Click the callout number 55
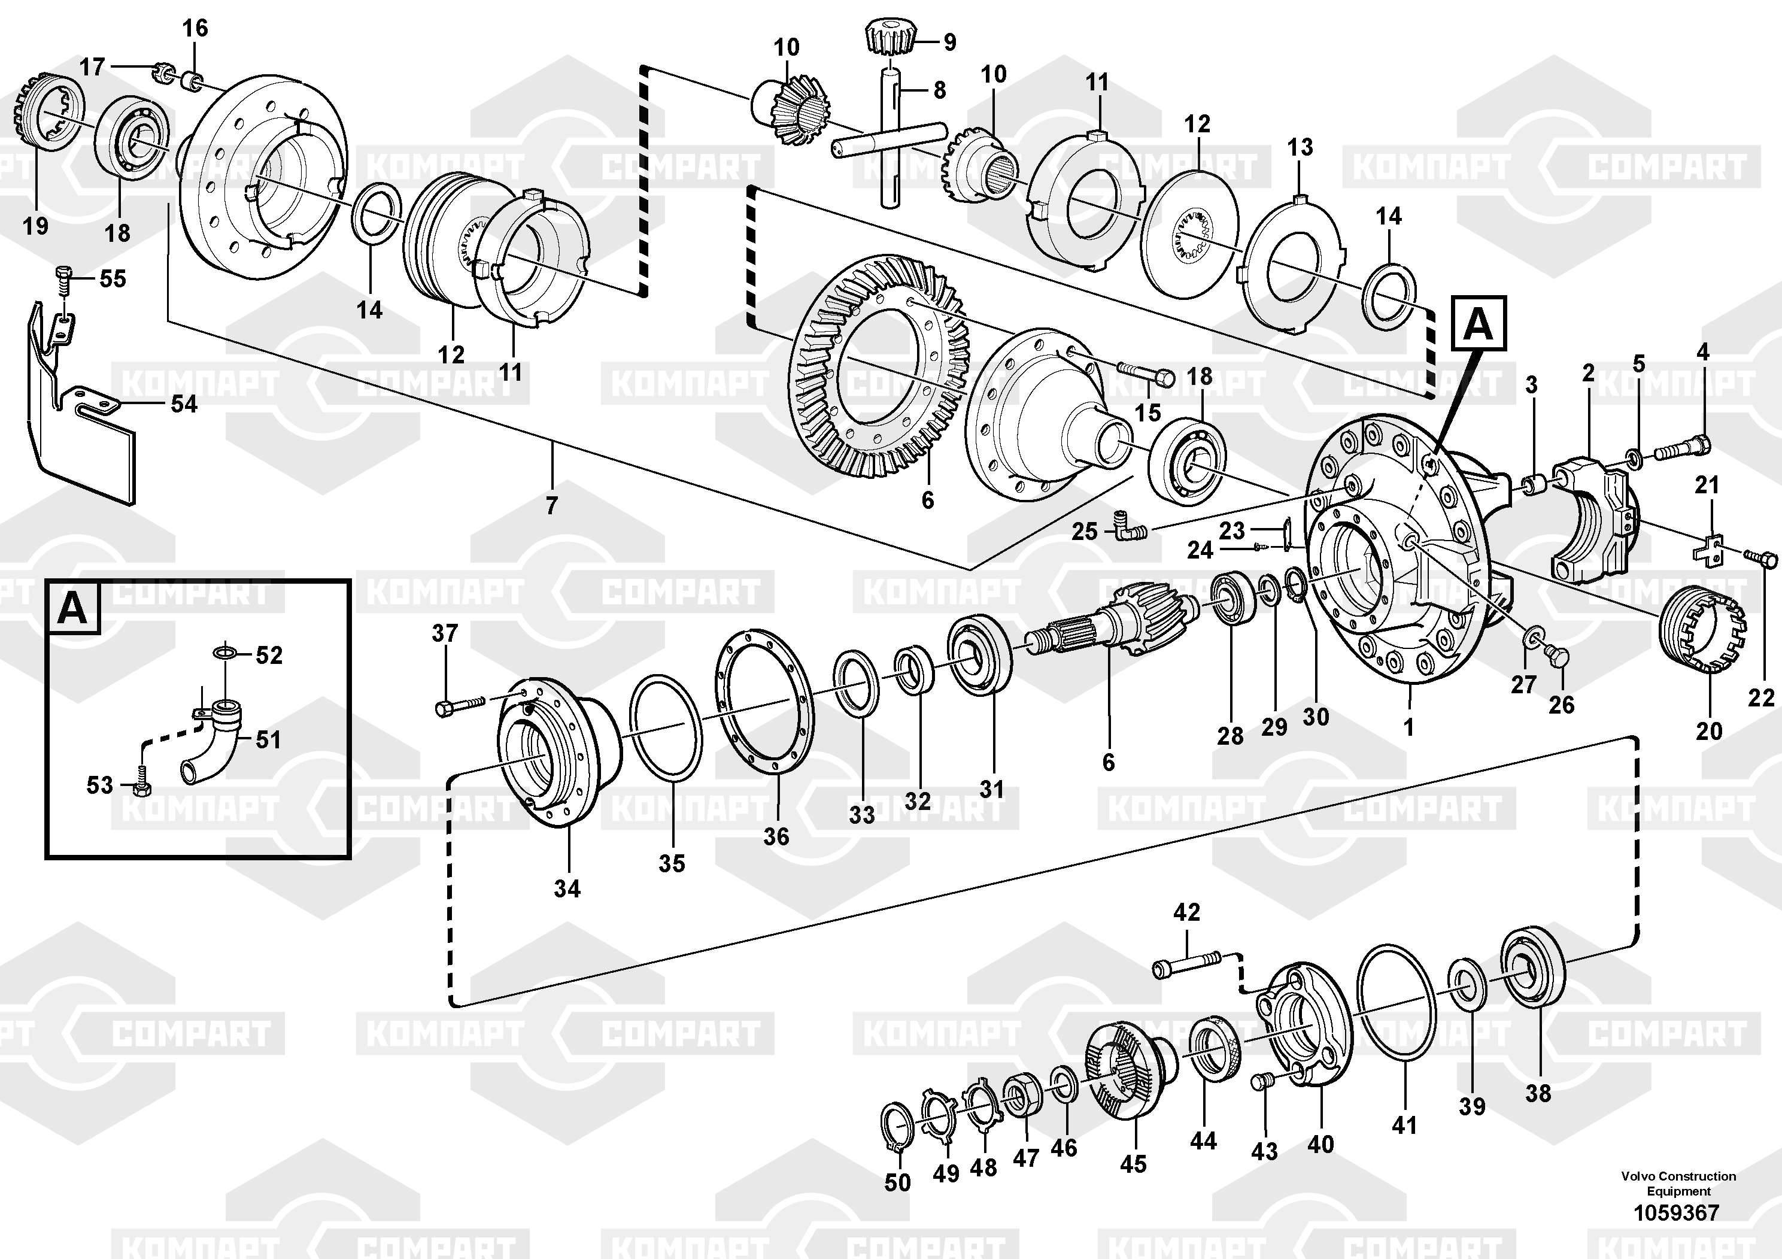click(113, 278)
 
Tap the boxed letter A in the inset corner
click(73, 608)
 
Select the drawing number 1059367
click(1677, 1212)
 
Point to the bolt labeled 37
click(460, 705)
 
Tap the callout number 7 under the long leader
click(551, 506)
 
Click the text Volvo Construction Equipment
click(1678, 1184)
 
